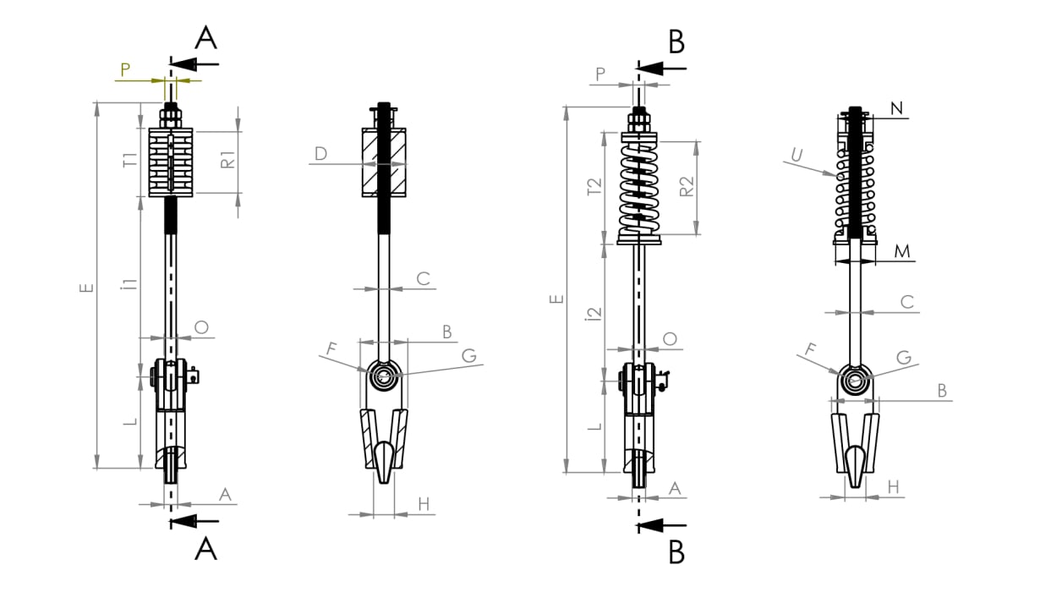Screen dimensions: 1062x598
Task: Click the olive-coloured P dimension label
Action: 125,69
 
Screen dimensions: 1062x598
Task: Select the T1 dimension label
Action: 130,161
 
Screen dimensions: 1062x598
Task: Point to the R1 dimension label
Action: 228,159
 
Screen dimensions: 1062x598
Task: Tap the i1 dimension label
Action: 129,283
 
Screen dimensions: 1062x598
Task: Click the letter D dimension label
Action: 321,153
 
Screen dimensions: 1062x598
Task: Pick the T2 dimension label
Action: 594,186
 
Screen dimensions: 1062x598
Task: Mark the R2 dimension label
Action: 687,186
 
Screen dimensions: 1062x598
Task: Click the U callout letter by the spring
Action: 797,155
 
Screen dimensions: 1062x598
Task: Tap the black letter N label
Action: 897,108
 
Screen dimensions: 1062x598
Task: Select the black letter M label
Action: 901,251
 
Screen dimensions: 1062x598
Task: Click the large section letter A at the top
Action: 205,38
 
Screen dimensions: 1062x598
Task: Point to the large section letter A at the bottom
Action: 205,549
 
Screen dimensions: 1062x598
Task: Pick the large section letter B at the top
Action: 676,41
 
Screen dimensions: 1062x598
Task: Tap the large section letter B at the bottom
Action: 676,552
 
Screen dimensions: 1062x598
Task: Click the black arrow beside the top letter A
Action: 194,64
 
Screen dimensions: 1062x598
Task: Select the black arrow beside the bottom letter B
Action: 661,525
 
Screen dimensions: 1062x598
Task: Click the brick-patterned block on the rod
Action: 171,162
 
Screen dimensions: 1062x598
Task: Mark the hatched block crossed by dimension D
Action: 384,162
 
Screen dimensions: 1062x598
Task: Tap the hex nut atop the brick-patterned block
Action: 171,118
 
